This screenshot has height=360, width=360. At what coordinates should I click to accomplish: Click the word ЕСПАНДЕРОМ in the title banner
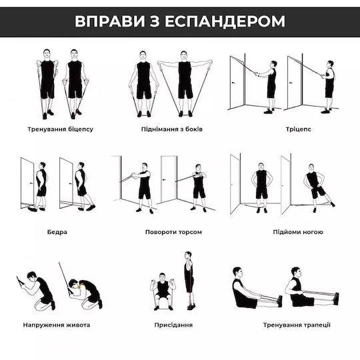click(x=225, y=21)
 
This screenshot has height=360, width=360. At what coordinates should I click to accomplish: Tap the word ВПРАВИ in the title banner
click(x=110, y=21)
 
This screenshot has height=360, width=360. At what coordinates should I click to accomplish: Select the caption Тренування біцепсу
click(x=61, y=129)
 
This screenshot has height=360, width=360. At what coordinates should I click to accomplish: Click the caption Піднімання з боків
click(x=172, y=129)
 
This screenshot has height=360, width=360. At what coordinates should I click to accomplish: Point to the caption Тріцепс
click(x=298, y=129)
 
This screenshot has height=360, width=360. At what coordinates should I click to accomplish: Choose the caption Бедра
click(x=57, y=232)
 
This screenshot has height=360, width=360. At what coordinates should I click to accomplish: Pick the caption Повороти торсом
click(x=173, y=232)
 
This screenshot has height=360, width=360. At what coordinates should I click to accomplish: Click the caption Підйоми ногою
click(x=298, y=232)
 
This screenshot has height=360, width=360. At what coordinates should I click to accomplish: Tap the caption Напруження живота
click(x=57, y=325)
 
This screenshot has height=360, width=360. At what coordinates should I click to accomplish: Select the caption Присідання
click(x=173, y=325)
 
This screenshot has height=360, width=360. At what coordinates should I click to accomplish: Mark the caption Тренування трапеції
click(x=297, y=325)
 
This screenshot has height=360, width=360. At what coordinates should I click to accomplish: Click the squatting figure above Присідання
click(x=163, y=291)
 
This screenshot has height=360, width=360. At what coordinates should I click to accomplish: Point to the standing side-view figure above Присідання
click(x=189, y=281)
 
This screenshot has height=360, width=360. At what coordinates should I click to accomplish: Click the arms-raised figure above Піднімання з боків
click(x=185, y=84)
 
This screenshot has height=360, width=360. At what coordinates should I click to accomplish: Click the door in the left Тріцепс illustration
click(x=237, y=83)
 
